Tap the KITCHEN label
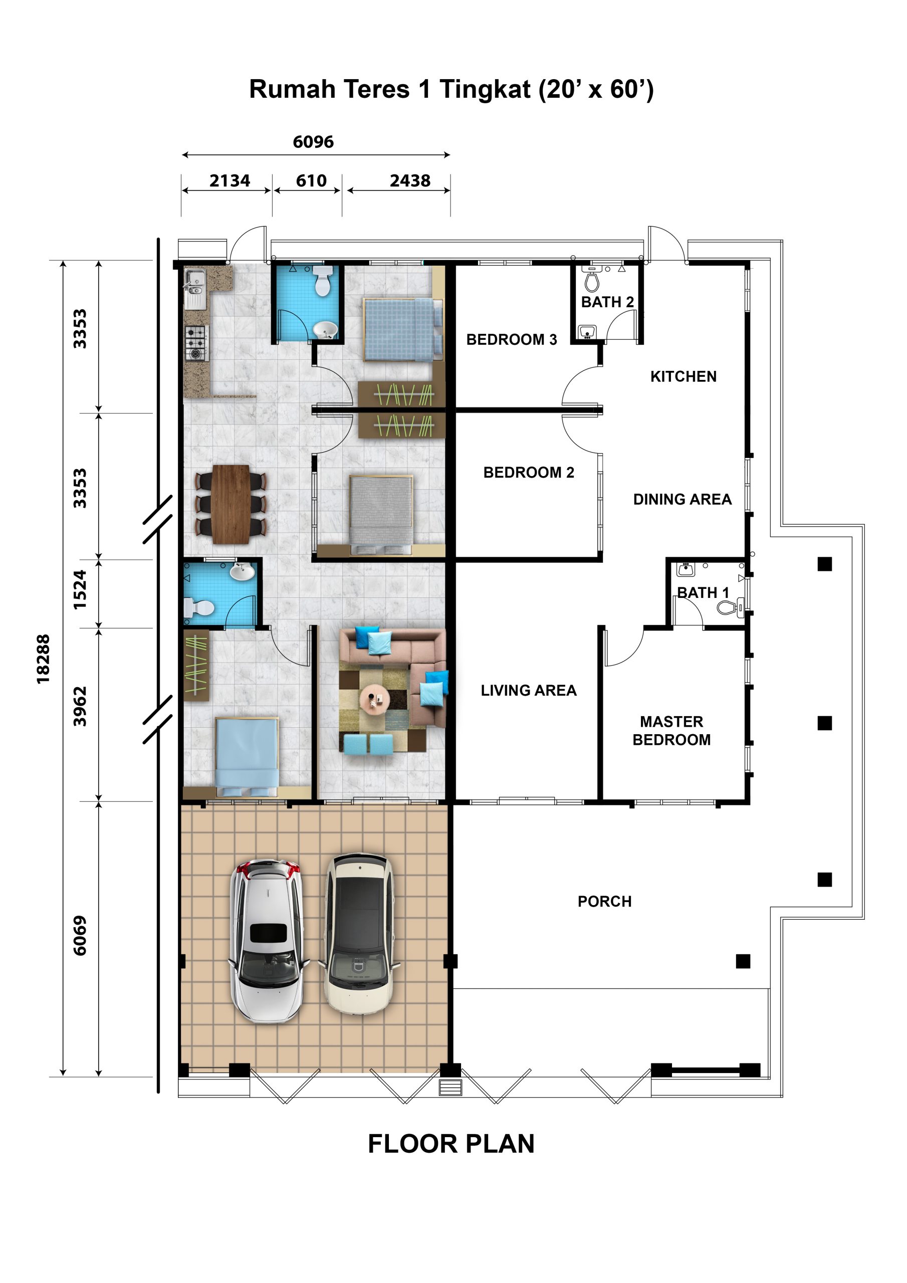pyautogui.click(x=683, y=376)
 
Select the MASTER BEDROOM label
pyautogui.click(x=671, y=730)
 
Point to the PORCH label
pyautogui.click(x=604, y=901)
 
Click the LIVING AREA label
pyautogui.click(x=528, y=690)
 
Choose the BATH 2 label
pyautogui.click(x=607, y=302)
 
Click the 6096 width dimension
pyautogui.click(x=313, y=142)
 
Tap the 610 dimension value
pyautogui.click(x=311, y=180)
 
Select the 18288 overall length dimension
pyautogui.click(x=43, y=659)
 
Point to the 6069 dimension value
pyautogui.click(x=80, y=935)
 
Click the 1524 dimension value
pyautogui.click(x=80, y=589)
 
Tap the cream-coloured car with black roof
pyautogui.click(x=359, y=934)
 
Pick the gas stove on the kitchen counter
pyautogui.click(x=195, y=344)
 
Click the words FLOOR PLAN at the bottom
pyautogui.click(x=451, y=1144)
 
